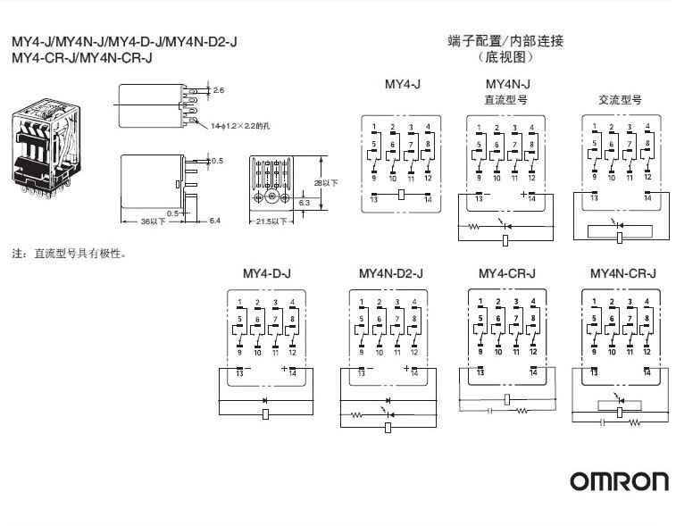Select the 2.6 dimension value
[x=219, y=90]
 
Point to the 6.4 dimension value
[x=214, y=221]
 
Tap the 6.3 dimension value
[x=304, y=203]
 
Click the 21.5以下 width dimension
[x=271, y=221]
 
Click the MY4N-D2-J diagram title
[x=390, y=273]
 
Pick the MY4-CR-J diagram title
[x=506, y=273]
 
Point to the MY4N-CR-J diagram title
[x=623, y=273]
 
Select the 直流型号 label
[x=505, y=99]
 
